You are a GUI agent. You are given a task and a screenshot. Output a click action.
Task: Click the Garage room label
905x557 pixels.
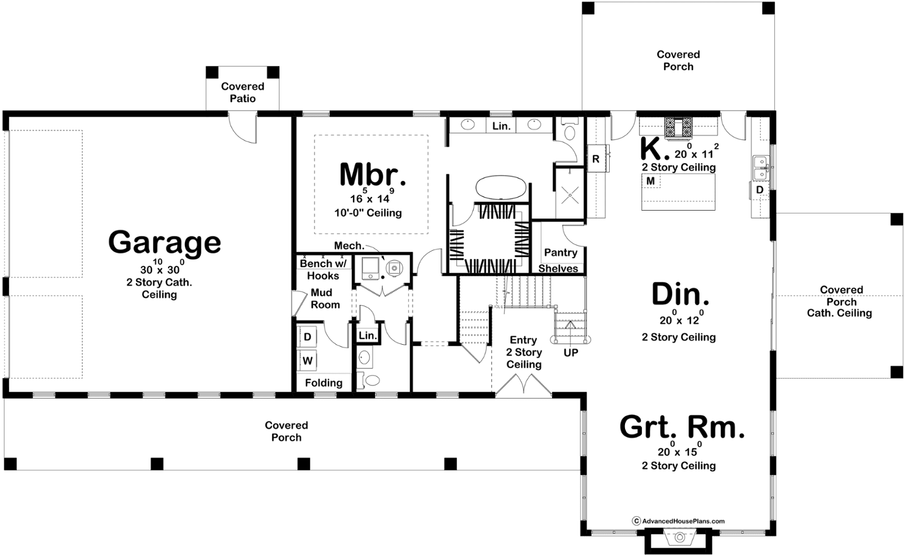click(x=165, y=243)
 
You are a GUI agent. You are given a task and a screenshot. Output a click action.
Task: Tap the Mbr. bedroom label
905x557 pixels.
click(x=372, y=174)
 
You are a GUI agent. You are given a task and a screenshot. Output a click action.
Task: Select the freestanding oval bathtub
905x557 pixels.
click(x=501, y=187)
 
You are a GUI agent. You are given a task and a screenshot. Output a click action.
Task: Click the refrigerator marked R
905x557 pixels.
click(x=596, y=158)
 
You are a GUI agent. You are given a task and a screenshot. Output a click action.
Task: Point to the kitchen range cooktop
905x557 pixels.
click(x=678, y=128)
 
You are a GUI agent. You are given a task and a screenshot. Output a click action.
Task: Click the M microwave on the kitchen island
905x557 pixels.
click(x=651, y=181)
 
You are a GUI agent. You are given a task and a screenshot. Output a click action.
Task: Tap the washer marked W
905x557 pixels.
click(x=308, y=360)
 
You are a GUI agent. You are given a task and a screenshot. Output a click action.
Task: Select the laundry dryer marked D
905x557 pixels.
click(x=308, y=337)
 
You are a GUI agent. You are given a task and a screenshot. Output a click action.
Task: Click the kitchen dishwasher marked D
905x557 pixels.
click(x=760, y=190)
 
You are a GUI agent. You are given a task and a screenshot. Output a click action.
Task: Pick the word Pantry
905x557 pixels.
click(x=561, y=252)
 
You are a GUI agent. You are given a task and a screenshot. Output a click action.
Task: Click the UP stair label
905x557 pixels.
click(x=571, y=353)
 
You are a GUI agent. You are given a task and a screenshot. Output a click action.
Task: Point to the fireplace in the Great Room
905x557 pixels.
click(x=680, y=538)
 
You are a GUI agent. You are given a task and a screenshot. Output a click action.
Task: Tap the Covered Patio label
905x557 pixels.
click(x=243, y=92)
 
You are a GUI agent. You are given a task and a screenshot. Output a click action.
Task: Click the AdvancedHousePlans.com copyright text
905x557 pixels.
click(x=678, y=521)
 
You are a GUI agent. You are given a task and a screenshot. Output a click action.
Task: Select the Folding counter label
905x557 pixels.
click(x=324, y=383)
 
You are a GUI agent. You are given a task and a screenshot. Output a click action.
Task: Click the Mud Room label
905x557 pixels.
click(x=325, y=298)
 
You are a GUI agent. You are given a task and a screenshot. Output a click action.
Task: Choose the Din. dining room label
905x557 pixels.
click(x=680, y=294)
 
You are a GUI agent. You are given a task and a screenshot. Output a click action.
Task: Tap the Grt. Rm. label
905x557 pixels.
click(x=682, y=427)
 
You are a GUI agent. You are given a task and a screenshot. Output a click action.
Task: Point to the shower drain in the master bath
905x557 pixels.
click(x=570, y=195)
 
